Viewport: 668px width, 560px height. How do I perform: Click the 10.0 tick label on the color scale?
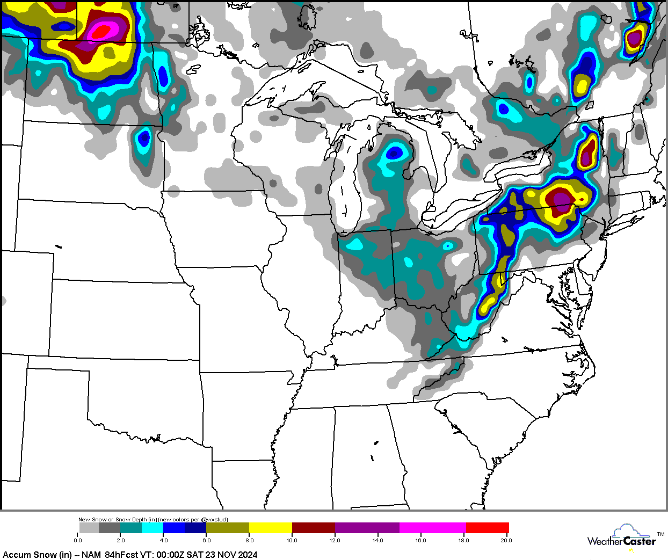(x=292, y=540)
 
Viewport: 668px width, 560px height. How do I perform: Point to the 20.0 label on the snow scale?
(x=506, y=540)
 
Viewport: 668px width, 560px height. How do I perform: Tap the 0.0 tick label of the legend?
(x=78, y=540)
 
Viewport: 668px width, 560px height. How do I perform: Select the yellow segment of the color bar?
(x=270, y=528)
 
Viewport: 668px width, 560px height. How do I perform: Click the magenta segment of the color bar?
(x=432, y=528)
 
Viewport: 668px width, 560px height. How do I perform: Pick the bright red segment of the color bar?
(x=487, y=528)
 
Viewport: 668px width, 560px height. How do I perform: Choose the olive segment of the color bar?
(x=227, y=528)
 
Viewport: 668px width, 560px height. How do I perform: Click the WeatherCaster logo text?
(x=621, y=542)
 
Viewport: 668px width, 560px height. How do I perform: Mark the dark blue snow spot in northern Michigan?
(x=395, y=154)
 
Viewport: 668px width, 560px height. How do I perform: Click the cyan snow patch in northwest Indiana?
(x=354, y=245)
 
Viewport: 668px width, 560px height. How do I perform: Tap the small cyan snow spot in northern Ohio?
(x=448, y=246)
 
